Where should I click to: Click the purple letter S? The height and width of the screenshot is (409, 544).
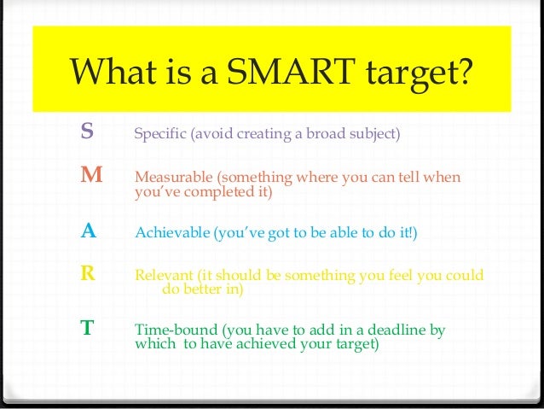click(x=87, y=132)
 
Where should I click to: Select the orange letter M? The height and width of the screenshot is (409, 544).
click(x=91, y=176)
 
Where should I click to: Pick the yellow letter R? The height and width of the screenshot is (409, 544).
click(x=88, y=274)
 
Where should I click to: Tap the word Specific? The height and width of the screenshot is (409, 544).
click(x=160, y=135)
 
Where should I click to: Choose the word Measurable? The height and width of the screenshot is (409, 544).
click(x=173, y=178)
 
